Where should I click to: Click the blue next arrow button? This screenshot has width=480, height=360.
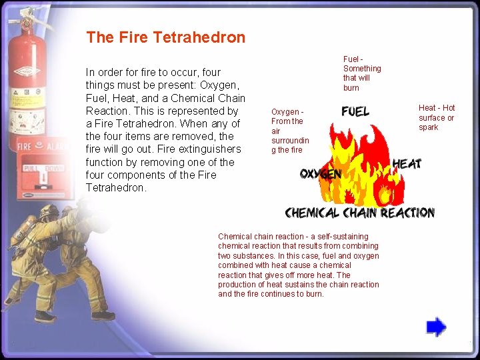point(436,327)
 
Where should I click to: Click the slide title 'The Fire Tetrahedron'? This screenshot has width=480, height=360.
point(165,37)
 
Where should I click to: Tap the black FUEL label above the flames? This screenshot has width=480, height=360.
point(355,111)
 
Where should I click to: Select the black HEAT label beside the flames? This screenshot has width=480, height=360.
point(407,163)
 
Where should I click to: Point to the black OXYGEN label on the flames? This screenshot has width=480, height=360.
point(321,173)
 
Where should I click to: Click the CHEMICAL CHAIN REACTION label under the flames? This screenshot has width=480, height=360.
point(359,213)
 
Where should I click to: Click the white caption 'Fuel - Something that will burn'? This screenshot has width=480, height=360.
point(361,73)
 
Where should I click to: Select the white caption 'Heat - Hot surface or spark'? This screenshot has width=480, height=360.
point(437,117)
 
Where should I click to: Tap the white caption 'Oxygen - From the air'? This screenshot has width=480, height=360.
point(289,131)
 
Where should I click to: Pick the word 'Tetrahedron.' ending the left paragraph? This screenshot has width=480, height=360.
point(116,188)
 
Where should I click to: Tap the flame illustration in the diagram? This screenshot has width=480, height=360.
point(360,167)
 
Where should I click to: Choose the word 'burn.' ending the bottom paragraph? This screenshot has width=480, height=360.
point(313,294)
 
